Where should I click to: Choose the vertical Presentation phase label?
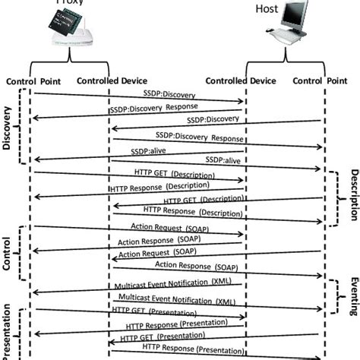pyautogui.click(x=8, y=332)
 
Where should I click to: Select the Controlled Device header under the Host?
pyautogui.click(x=240, y=81)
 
